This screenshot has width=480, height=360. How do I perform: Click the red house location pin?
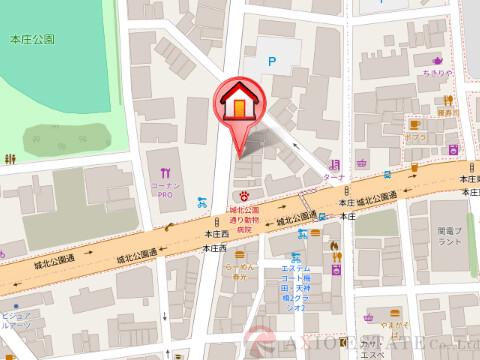tap(239, 105)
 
